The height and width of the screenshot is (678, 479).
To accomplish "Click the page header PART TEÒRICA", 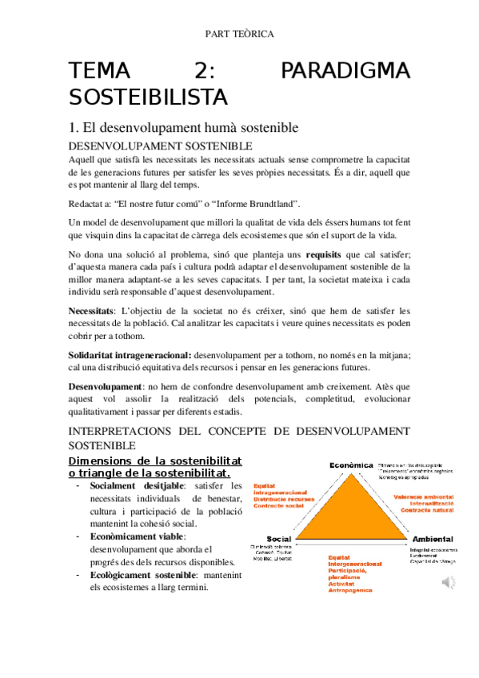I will (x=239, y=34).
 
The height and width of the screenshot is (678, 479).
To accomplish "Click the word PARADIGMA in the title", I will (x=345, y=72).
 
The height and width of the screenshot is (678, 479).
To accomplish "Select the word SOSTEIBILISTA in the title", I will (x=149, y=98).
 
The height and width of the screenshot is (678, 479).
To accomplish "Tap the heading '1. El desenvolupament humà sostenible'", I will (x=184, y=127).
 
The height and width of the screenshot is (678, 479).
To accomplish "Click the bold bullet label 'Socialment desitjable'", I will (x=137, y=485).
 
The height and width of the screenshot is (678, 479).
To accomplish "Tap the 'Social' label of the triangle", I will (x=280, y=539).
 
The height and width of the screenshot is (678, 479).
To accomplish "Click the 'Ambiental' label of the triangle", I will (x=433, y=539).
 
